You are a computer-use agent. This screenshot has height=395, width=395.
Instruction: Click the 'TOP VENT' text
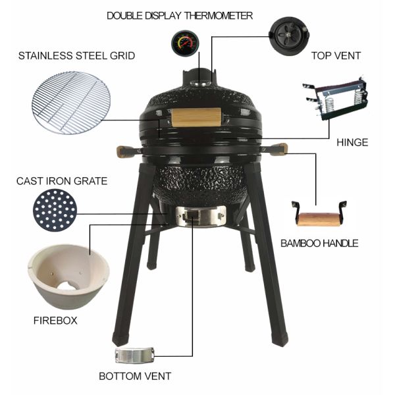coord(336,56)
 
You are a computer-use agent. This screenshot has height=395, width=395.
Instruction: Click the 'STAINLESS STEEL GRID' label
coord(76,56)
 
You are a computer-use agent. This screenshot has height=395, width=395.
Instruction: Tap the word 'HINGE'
coord(352,142)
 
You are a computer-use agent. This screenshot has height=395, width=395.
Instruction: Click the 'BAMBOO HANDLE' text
coord(319,244)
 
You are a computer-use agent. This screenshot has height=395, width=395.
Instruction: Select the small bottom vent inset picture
coord(134,355)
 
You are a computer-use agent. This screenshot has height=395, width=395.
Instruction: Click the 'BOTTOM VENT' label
coord(135,377)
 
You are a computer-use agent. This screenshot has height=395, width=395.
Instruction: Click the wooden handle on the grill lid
coord(195,118)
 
